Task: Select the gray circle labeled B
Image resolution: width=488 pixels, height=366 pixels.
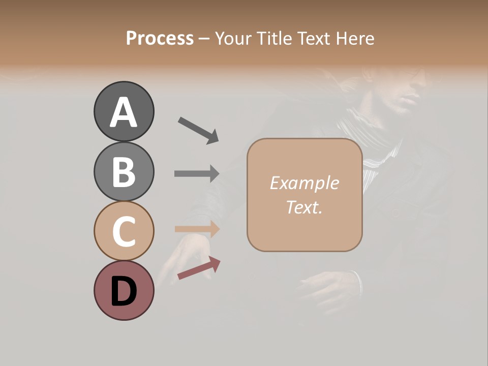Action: tap(124, 171)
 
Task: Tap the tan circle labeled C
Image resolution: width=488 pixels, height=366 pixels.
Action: tap(124, 231)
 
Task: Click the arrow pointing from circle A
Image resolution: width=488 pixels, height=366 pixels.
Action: tap(198, 130)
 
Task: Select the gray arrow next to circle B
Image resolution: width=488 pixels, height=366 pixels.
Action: tap(197, 173)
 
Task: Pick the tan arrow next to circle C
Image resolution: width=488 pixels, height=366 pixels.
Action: tap(197, 229)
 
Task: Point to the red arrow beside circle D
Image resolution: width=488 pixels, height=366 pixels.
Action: tap(199, 268)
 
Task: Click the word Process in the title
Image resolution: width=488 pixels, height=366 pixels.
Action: tap(160, 38)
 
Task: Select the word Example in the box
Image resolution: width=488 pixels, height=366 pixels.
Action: tap(304, 183)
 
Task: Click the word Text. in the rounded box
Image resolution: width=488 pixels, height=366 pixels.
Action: tap(304, 207)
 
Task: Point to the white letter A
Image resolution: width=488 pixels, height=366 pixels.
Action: tap(124, 112)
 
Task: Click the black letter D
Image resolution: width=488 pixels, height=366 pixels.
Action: tap(124, 292)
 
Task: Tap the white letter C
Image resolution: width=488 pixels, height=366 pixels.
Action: tap(124, 232)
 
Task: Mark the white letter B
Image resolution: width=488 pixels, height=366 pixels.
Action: tap(124, 172)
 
